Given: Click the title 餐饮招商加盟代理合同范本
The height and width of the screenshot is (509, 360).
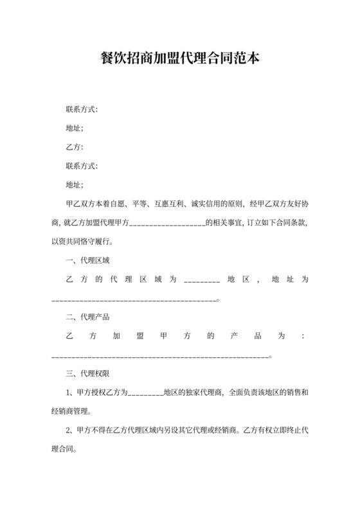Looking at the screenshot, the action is pyautogui.click(x=179, y=58).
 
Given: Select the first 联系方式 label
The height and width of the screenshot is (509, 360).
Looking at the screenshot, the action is pyautogui.click(x=82, y=109).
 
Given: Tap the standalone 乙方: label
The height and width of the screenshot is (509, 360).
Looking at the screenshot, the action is pyautogui.click(x=75, y=147).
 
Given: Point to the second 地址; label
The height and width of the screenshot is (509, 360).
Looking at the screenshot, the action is pyautogui.click(x=75, y=185).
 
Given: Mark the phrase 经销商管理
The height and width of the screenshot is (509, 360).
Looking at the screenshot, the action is pyautogui.click(x=71, y=412).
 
